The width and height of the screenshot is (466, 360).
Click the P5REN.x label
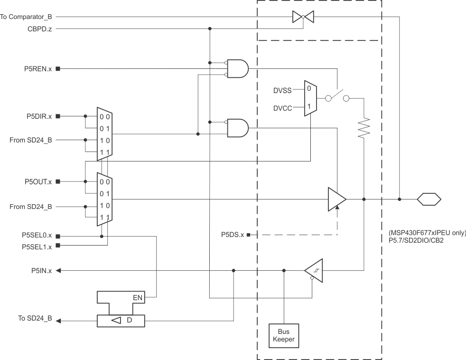point(37,69)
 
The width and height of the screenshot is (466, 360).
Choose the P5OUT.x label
point(37,181)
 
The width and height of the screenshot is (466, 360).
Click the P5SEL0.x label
point(37,236)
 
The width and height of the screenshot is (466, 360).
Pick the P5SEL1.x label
point(37,246)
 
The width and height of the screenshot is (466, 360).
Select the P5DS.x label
point(233,235)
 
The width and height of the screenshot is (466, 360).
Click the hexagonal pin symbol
point(429,199)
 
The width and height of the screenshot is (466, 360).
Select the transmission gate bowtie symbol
point(303,17)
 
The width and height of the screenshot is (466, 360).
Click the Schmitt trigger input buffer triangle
point(314,271)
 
